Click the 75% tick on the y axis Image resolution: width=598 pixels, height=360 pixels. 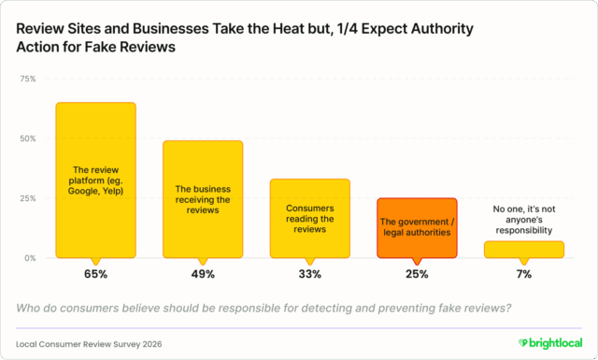(29, 79)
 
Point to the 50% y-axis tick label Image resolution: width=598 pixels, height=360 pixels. (29, 138)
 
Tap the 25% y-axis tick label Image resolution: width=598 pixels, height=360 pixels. (29, 198)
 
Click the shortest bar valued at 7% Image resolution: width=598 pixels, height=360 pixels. (524, 249)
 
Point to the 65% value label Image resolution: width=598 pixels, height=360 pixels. (95, 274)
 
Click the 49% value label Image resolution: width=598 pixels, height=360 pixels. (203, 274)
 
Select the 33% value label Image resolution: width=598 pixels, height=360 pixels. (310, 274)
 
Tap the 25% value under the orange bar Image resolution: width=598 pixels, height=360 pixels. (417, 274)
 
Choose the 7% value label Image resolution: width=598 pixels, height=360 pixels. (524, 274)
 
